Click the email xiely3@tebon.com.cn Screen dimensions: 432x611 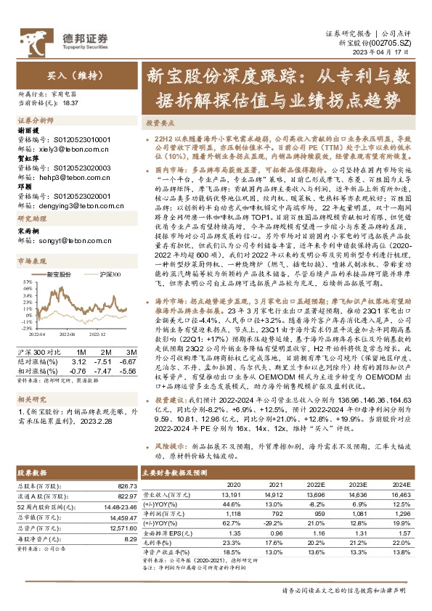coord(65,145)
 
